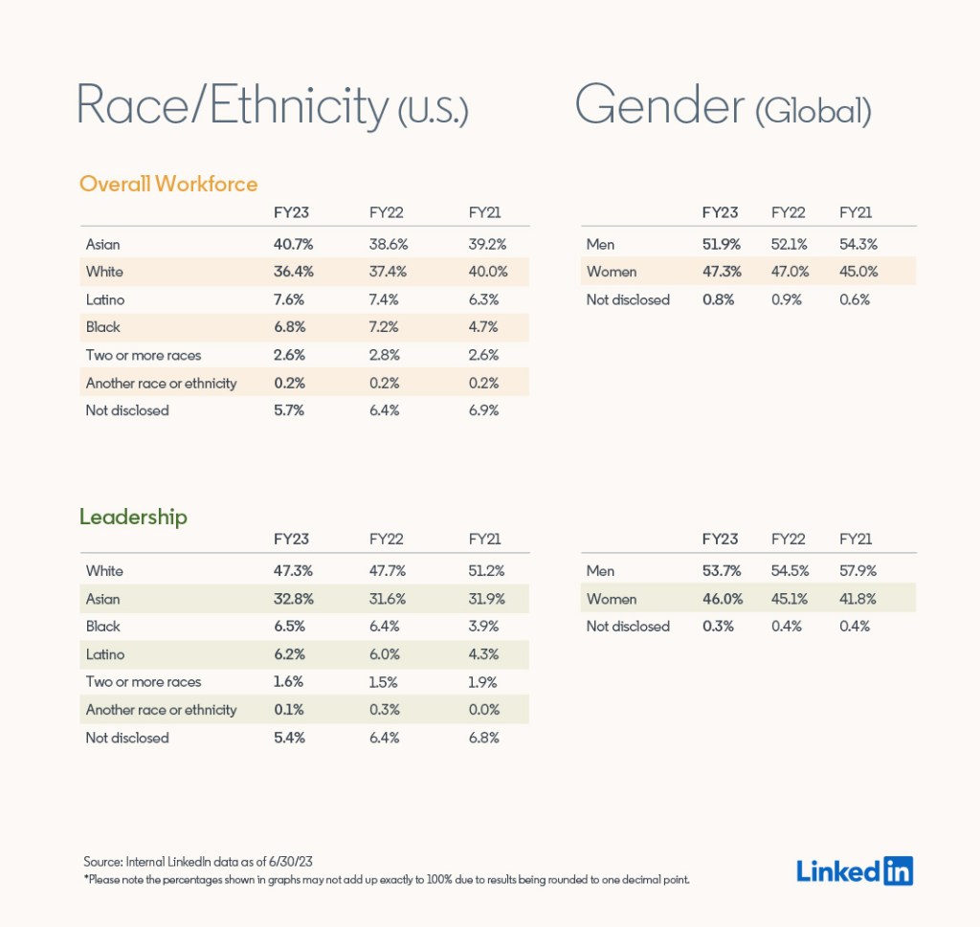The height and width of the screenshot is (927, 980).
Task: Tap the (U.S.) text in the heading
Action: point(433,111)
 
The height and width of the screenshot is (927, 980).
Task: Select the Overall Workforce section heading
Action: point(168,184)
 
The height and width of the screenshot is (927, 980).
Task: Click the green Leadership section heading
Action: point(133,518)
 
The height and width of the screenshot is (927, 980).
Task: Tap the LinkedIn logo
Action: point(854,870)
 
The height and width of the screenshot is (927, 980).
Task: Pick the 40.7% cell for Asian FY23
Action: point(293,244)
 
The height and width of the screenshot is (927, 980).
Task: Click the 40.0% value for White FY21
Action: point(487,272)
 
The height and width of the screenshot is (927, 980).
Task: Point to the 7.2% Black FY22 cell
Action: point(388,327)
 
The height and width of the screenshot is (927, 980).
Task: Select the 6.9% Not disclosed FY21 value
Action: point(483,410)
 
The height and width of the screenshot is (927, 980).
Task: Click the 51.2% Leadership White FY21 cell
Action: point(486,571)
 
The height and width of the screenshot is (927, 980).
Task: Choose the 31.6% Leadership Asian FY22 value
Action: point(388,599)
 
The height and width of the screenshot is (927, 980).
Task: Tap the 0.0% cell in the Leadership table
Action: point(483,710)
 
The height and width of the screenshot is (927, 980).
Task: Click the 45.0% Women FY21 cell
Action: point(857,272)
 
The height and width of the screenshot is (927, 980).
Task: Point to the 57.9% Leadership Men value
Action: point(857,571)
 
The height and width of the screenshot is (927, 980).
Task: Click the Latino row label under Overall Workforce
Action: point(105,299)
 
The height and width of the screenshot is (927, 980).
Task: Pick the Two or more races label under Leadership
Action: point(144,682)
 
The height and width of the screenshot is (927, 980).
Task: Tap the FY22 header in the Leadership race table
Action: point(387,539)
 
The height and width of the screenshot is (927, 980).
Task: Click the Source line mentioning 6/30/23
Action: point(197,861)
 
